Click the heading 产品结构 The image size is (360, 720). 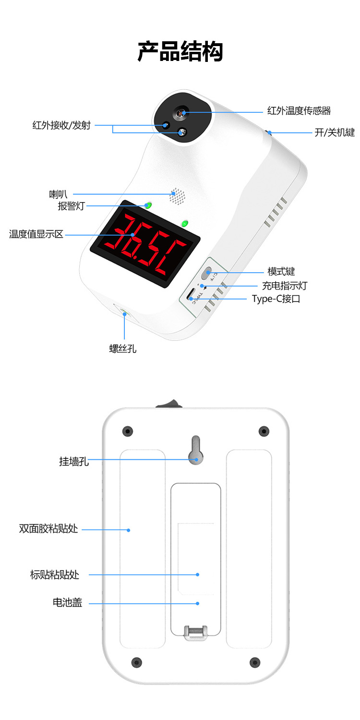(180, 52)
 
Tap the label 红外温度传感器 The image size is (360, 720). (299, 111)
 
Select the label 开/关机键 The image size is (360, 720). (334, 132)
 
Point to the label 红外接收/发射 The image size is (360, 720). (61, 126)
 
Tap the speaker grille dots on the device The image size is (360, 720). (178, 196)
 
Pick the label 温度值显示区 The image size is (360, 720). (36, 235)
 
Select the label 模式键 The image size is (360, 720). (281, 272)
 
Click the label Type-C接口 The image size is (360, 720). (276, 299)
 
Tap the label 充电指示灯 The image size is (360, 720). (284, 286)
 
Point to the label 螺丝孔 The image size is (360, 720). (122, 349)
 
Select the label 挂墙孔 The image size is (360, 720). (73, 462)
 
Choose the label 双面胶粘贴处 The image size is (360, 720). (48, 529)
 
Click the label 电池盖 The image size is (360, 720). (67, 602)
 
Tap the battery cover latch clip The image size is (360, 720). (195, 632)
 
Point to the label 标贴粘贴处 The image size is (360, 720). (54, 575)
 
